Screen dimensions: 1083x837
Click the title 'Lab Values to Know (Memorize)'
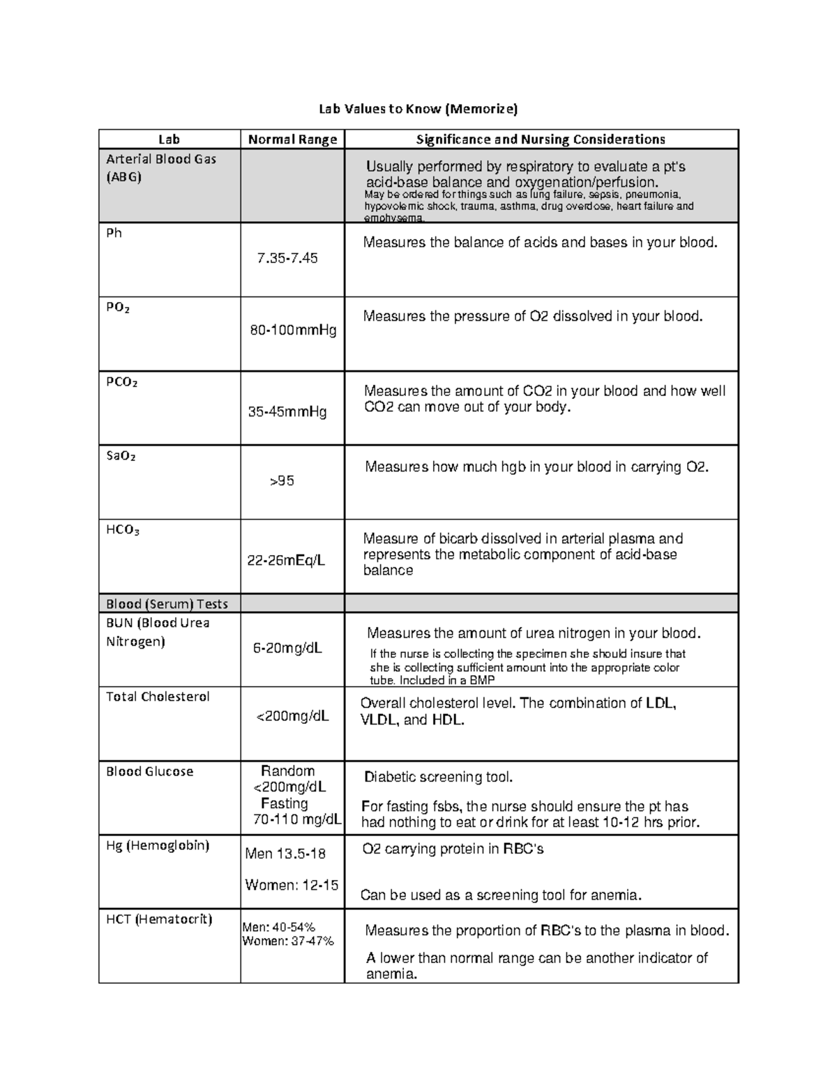coord(418,109)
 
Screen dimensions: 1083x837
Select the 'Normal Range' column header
coord(292,139)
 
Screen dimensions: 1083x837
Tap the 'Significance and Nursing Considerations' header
coord(541,139)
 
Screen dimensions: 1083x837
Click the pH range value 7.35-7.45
coord(287,258)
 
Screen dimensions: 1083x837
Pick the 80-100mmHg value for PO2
coord(293,330)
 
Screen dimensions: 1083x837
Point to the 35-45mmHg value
coord(287,412)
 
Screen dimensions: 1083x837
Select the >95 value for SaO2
coord(282,481)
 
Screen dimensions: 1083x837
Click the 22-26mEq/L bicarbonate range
coord(286,560)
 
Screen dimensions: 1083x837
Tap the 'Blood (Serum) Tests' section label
coord(167,604)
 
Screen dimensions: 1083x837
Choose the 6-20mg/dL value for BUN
coord(287,649)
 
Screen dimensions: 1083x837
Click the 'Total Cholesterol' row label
coord(158,697)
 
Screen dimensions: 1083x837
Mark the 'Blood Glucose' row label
coord(149,771)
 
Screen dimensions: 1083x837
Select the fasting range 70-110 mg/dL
coord(297,819)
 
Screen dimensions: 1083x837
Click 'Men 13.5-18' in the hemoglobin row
coord(285,854)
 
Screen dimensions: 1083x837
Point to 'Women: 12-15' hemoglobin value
coord(292,885)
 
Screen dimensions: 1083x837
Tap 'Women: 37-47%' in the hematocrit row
coord(288,941)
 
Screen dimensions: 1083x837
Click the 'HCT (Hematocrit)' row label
coord(159,919)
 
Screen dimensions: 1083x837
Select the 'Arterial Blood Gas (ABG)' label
coord(160,167)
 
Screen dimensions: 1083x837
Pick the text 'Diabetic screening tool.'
coord(439,778)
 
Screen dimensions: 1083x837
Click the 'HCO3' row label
coord(123,530)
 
